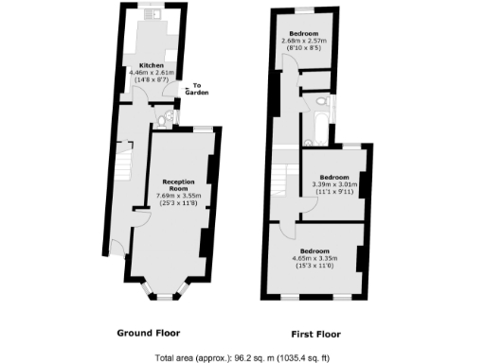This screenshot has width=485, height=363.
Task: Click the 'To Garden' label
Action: pos(196,89)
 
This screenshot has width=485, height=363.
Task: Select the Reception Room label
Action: pos(178,184)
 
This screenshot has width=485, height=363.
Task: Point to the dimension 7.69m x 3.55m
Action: pos(178,197)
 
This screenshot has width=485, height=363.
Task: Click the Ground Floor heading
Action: pos(148,333)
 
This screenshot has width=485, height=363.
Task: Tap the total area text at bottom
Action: pos(243,358)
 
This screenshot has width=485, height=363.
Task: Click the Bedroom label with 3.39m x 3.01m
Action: pos(332,177)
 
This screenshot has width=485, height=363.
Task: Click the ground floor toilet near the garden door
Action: pos(168,117)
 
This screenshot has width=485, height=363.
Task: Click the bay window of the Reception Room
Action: pos(165,289)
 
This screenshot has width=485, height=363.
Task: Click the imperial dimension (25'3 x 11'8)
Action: pos(178,204)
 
